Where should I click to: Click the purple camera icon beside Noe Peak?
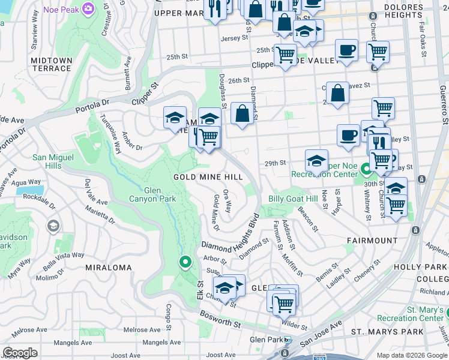pos(89,8)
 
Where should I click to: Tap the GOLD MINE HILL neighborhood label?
pos(208,177)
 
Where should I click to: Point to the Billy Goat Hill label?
pos(293,199)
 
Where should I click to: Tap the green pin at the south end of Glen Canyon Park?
pos(185,262)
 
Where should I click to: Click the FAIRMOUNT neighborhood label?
pos(372,240)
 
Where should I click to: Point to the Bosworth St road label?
pos(220,324)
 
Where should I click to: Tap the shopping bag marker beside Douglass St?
pos(242,113)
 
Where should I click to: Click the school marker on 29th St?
pos(316,161)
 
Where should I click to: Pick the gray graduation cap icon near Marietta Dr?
pos(53,226)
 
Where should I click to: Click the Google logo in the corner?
pos(20,353)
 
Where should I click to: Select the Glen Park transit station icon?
pos(288,340)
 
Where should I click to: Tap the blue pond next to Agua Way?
pos(27,192)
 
